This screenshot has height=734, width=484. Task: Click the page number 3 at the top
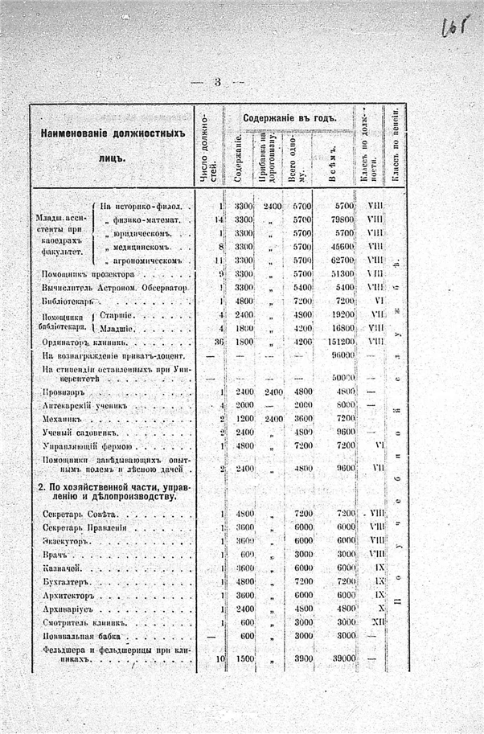pyautogui.click(x=217, y=83)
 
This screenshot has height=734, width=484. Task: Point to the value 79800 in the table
pyautogui.click(x=341, y=219)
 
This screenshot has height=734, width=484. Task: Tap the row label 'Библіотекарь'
pyautogui.click(x=67, y=301)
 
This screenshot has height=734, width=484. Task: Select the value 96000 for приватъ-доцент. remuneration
pyautogui.click(x=342, y=355)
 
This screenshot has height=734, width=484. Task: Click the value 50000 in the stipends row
pyautogui.click(x=342, y=376)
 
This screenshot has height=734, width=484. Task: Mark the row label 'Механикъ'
pyautogui.click(x=62, y=419)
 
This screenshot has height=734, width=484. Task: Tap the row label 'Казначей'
pyautogui.click(x=60, y=568)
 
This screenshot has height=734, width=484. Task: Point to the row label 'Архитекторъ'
pyautogui.click(x=68, y=595)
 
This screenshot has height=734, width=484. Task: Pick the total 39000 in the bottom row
pyautogui.click(x=341, y=658)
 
